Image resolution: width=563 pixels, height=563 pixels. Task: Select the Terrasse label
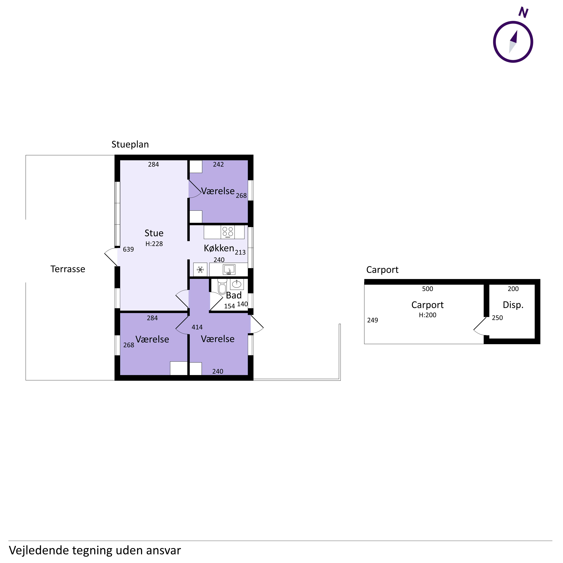68,269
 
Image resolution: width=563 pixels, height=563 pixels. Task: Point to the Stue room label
154,233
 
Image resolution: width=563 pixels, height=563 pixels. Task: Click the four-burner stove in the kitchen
228,232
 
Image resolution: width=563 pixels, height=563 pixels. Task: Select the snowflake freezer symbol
200,270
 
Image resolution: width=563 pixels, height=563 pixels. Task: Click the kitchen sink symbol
229,270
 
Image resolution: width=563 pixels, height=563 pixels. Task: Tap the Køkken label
219,248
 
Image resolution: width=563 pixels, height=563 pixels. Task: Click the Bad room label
234,295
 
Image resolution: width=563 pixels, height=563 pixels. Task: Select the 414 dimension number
197,327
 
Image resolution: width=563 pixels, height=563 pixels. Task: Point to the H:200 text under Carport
428,315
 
